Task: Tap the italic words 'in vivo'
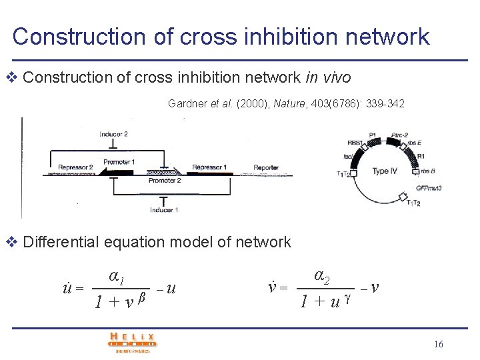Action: [x=328, y=77]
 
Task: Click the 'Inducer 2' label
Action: [x=113, y=134]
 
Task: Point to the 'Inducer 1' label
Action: [x=163, y=210]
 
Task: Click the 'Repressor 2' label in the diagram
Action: [x=75, y=167]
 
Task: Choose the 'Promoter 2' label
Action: [x=164, y=181]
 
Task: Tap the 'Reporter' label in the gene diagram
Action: [x=266, y=167]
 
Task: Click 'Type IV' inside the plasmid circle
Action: [x=385, y=171]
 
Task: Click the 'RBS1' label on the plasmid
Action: [x=355, y=142]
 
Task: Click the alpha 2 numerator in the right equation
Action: [x=323, y=275]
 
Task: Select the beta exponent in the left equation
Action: [x=142, y=296]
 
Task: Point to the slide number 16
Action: [x=438, y=344]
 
